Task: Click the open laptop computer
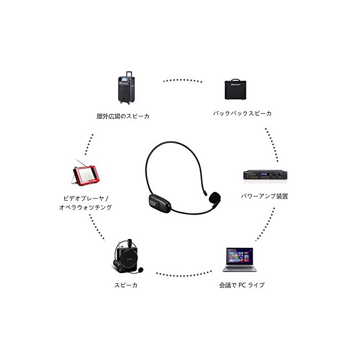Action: [240, 260]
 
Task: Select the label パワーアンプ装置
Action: [264, 196]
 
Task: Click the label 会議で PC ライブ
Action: [242, 284]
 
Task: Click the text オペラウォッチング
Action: [85, 208]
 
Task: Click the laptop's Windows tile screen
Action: [239, 256]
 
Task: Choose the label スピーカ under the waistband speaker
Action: [126, 284]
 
